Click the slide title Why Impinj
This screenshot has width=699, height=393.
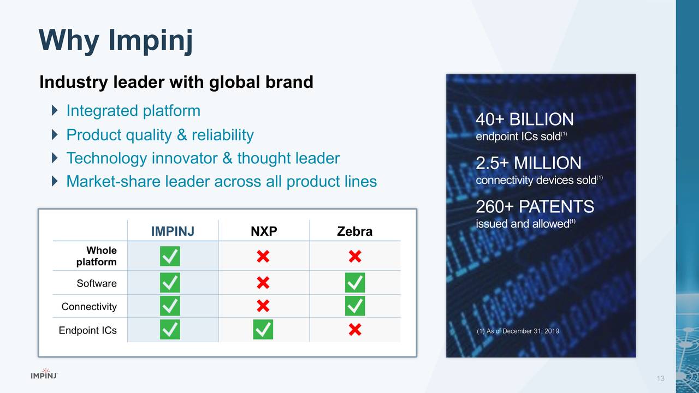(x=116, y=41)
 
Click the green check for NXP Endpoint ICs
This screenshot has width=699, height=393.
(x=263, y=330)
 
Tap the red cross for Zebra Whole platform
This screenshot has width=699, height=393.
(x=354, y=257)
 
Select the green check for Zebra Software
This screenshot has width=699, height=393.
(x=355, y=283)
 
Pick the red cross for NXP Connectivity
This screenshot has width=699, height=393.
(x=263, y=306)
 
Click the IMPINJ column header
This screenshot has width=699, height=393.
(x=173, y=231)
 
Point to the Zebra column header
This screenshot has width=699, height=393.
(x=354, y=231)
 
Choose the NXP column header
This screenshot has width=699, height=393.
(x=264, y=231)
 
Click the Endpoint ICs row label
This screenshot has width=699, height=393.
(x=87, y=330)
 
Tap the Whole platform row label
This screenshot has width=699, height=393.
(x=97, y=256)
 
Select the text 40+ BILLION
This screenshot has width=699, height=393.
(x=524, y=120)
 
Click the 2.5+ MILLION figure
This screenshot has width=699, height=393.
(x=528, y=163)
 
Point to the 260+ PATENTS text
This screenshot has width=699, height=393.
(x=535, y=207)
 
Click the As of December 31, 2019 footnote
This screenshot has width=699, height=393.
(x=518, y=331)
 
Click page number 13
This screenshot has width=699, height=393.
(x=661, y=379)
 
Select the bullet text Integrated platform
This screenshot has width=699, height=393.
(x=133, y=111)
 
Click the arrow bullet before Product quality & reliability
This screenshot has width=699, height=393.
(x=54, y=135)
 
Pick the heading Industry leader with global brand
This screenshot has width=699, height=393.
(x=176, y=82)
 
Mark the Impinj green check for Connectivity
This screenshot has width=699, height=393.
(x=170, y=306)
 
